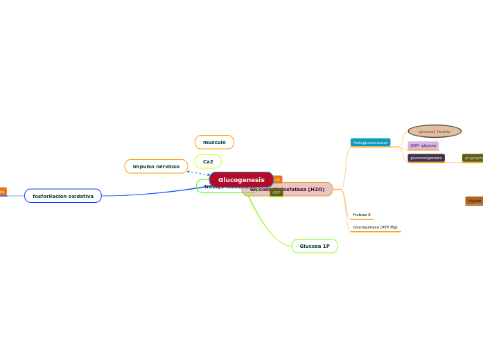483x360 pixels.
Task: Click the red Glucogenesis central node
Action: tap(241, 180)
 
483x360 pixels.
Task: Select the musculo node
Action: tap(214, 142)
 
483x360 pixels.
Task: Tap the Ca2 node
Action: tap(208, 161)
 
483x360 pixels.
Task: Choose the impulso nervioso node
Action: tap(156, 166)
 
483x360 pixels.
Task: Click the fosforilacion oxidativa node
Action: tap(63, 196)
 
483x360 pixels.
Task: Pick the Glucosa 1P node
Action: tap(315, 246)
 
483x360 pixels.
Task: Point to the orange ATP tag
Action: tap(276, 179)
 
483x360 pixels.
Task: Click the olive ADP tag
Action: tap(276, 192)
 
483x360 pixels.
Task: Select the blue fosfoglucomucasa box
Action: tap(370, 143)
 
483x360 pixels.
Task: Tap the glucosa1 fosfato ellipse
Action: tap(434, 132)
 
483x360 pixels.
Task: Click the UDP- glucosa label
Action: tap(423, 145)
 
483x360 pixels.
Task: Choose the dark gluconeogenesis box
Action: tap(425, 158)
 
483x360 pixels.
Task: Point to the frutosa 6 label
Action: tap(362, 215)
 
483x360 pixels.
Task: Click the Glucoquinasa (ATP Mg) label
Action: tap(375, 227)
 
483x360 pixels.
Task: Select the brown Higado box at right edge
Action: tap(475, 201)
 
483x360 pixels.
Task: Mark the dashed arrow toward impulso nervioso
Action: tap(198, 173)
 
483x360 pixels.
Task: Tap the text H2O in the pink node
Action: tap(315, 189)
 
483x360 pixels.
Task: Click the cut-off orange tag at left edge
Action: tap(2, 191)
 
